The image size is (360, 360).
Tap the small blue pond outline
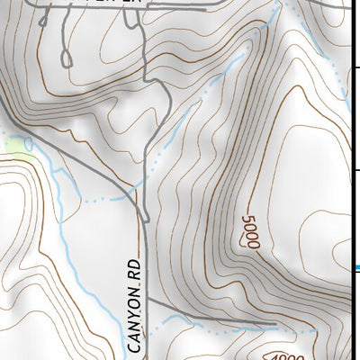[29, 144]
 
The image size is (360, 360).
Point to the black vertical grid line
[349, 135]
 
